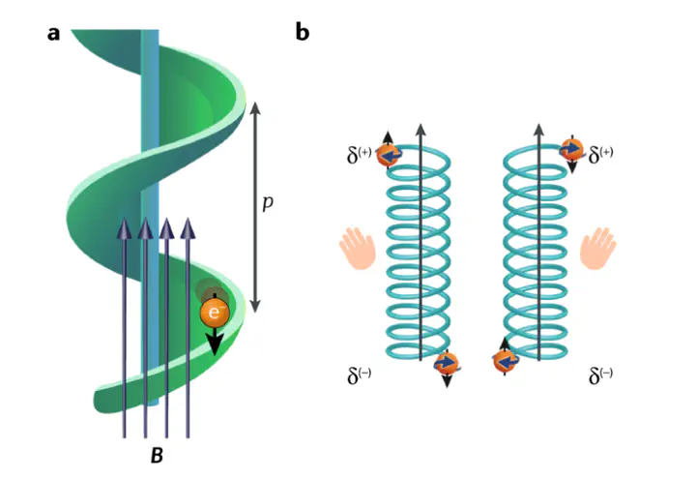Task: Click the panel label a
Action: pyautogui.click(x=53, y=33)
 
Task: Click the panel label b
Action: pyautogui.click(x=303, y=33)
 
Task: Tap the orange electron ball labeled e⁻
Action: pyautogui.click(x=214, y=313)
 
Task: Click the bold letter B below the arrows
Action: pyautogui.click(x=156, y=453)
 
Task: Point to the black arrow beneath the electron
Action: pyautogui.click(x=215, y=341)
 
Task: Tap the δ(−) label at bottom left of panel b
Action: pyautogui.click(x=360, y=374)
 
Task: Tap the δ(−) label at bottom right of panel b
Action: pyautogui.click(x=601, y=374)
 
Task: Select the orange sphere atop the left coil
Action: pyautogui.click(x=389, y=155)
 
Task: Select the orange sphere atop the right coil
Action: pyautogui.click(x=571, y=149)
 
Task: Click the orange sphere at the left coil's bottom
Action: pyautogui.click(x=446, y=363)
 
